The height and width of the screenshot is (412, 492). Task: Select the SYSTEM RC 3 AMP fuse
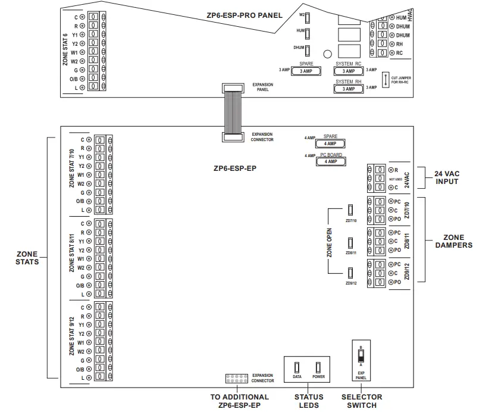click(x=348, y=71)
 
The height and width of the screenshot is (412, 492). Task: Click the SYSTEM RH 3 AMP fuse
click(x=348, y=89)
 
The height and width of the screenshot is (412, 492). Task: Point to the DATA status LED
click(x=297, y=366)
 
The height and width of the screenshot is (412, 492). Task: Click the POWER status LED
click(x=318, y=366)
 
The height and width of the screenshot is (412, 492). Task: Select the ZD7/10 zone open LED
click(x=350, y=210)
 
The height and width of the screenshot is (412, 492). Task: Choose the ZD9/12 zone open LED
click(x=350, y=273)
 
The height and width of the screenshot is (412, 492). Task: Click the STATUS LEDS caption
click(x=309, y=401)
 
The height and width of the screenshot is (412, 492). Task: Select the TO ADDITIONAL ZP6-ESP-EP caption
click(x=240, y=401)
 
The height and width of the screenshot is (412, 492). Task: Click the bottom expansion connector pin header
click(x=236, y=378)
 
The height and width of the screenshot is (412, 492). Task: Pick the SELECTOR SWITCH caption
click(x=362, y=401)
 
